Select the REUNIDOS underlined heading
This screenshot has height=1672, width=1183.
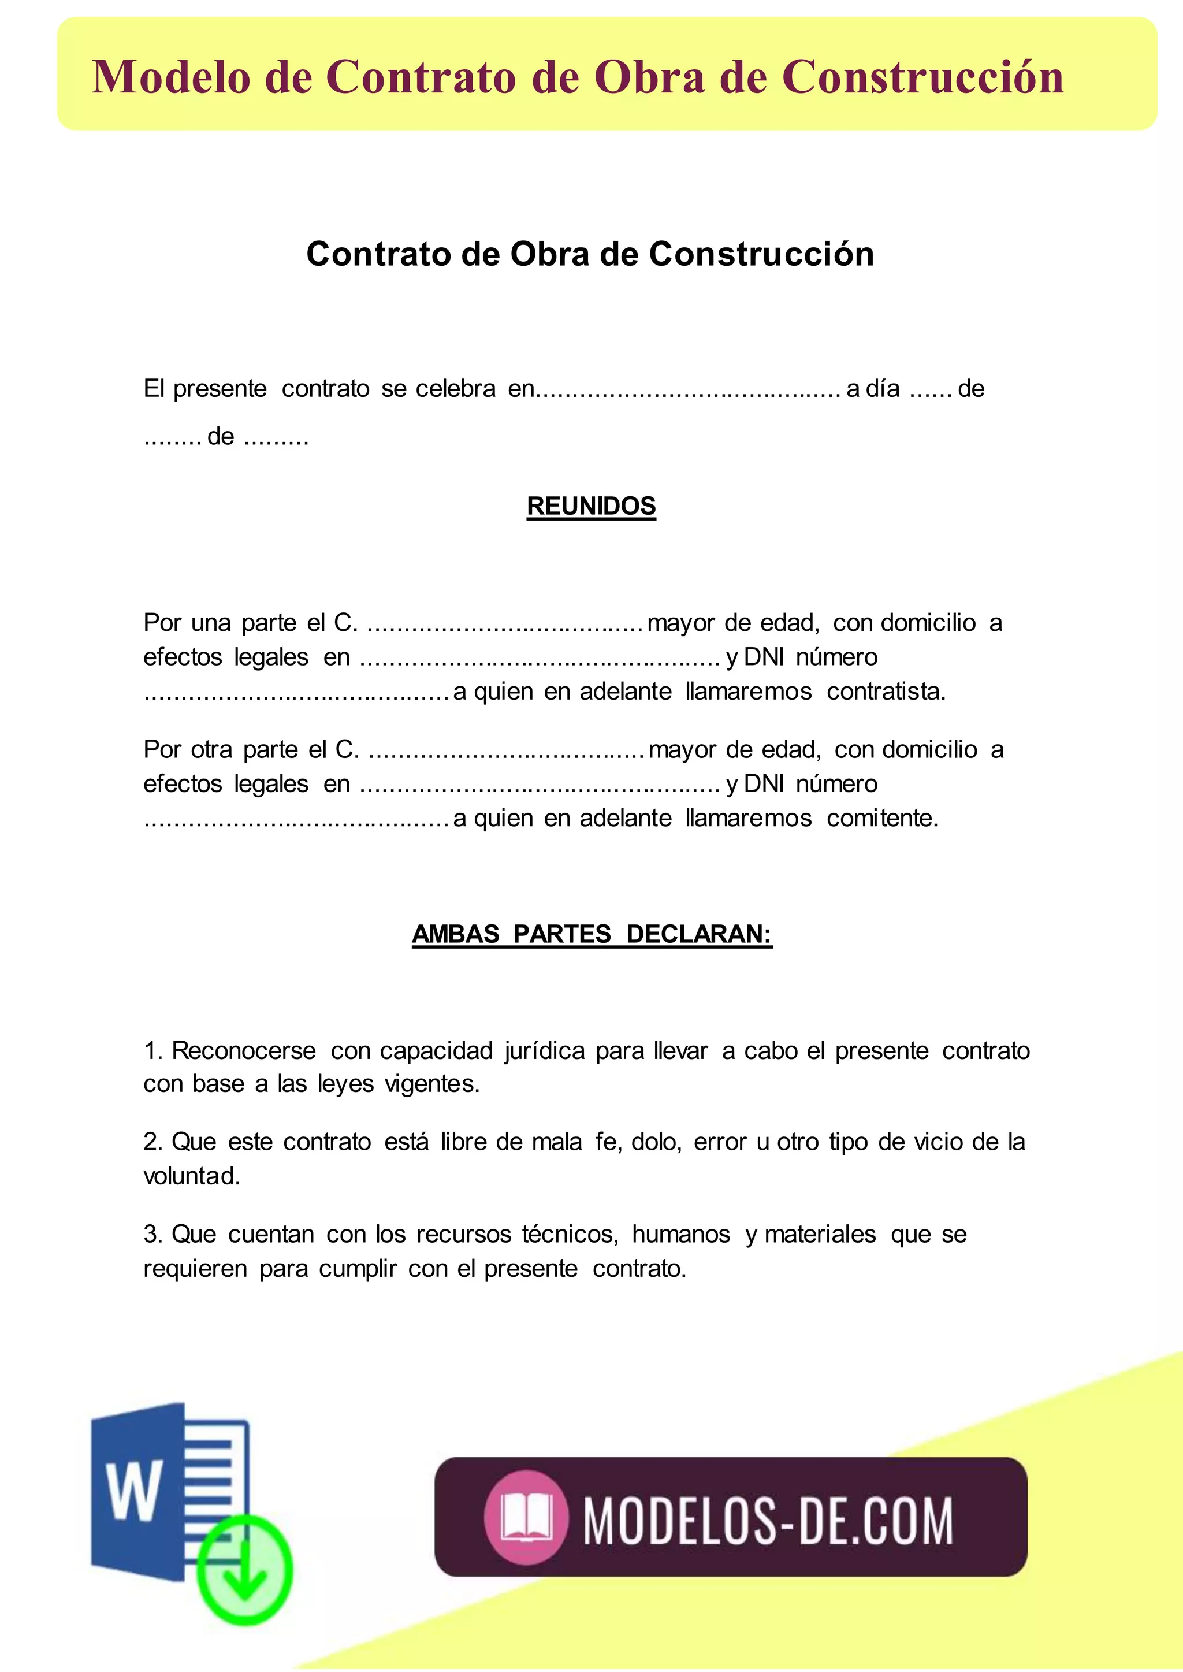click(x=591, y=506)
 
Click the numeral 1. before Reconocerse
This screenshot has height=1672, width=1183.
click(x=152, y=1050)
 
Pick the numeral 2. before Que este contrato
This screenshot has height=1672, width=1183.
click(x=152, y=1142)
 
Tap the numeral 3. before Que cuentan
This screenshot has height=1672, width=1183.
click(x=152, y=1234)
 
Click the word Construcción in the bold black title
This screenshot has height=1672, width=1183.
click(x=761, y=254)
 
